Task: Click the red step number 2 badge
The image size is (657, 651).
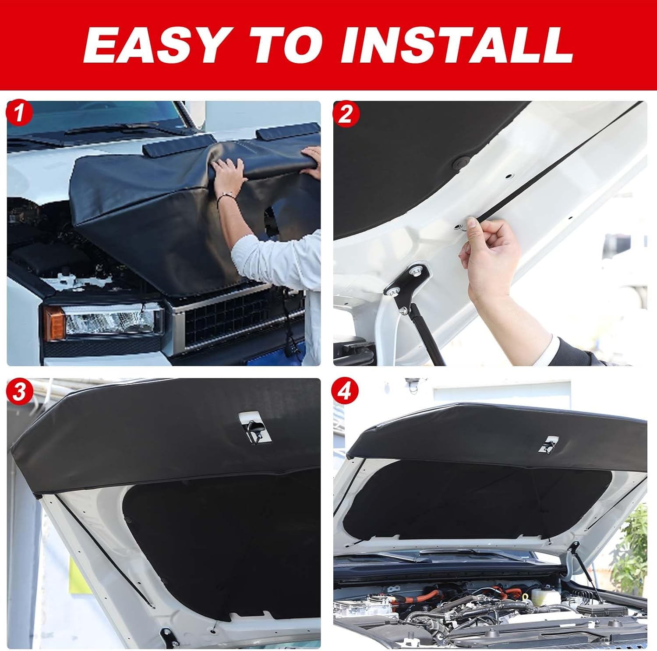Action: click(345, 115)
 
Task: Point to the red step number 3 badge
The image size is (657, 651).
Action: click(18, 392)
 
